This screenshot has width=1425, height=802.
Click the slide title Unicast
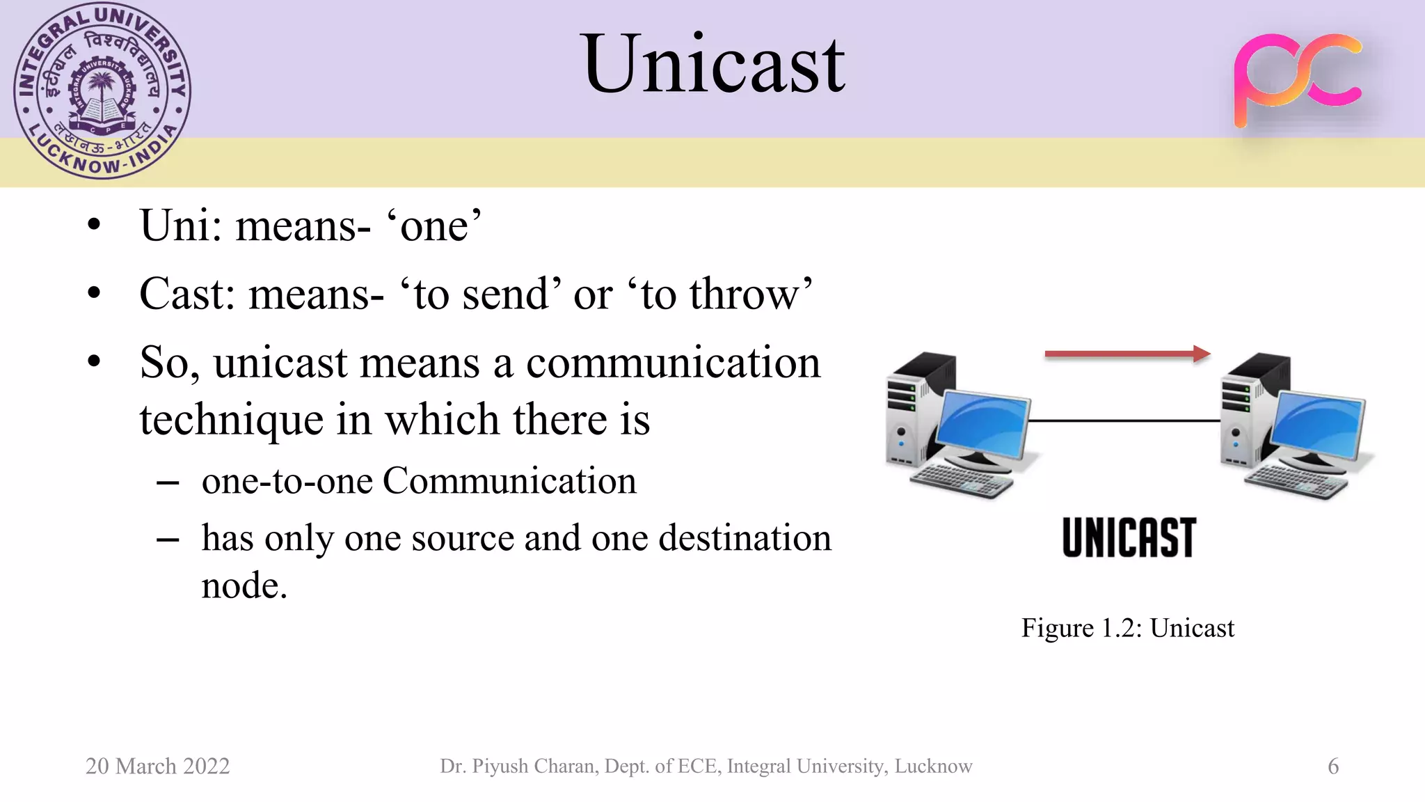click(714, 64)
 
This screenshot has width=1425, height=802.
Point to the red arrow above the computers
click(1127, 354)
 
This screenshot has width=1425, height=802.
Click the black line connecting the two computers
click(1124, 420)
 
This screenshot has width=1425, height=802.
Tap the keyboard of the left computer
click(960, 481)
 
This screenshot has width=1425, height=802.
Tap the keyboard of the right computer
click(1296, 482)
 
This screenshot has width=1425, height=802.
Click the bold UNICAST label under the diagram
click(1129, 537)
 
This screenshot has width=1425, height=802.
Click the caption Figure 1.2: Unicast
click(1127, 628)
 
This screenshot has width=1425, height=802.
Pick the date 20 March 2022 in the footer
click(157, 766)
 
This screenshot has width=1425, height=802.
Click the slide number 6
click(1332, 766)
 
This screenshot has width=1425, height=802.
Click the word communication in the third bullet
click(673, 363)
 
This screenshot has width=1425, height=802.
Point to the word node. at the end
click(244, 585)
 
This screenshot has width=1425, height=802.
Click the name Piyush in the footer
click(500, 766)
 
